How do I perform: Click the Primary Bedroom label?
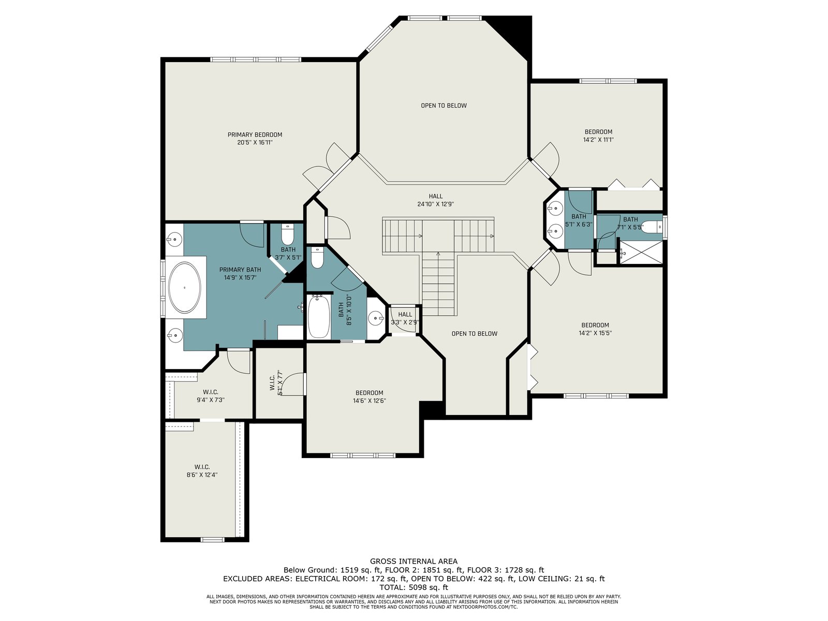(x=255, y=135)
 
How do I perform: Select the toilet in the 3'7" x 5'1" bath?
(x=288, y=235)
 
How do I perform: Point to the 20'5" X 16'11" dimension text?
(x=255, y=142)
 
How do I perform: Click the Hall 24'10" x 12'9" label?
(x=435, y=200)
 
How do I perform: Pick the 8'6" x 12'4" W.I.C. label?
(x=202, y=471)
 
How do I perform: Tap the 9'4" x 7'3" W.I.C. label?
(x=211, y=396)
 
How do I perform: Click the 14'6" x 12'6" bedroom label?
(x=369, y=396)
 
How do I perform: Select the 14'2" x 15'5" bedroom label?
(x=595, y=329)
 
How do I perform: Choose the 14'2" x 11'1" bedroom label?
(x=598, y=136)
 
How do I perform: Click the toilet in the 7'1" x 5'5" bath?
(x=652, y=226)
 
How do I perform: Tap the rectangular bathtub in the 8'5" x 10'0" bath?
(x=319, y=317)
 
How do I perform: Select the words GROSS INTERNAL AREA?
(x=413, y=561)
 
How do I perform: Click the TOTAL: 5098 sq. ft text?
(x=413, y=587)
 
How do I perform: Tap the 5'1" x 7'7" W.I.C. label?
(x=276, y=382)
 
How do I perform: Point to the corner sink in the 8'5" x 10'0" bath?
(x=376, y=318)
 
